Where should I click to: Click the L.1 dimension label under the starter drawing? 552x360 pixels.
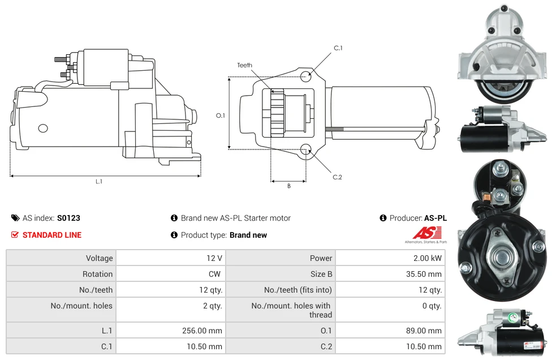click(98, 182)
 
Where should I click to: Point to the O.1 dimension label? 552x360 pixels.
click(221, 115)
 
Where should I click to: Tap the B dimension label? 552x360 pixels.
click(288, 186)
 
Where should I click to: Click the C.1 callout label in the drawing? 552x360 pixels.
click(338, 48)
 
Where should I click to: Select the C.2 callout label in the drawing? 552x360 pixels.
click(337, 177)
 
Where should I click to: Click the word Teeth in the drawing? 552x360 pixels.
click(245, 65)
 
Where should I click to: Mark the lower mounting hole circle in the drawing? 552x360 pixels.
click(305, 149)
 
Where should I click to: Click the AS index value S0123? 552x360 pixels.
click(68, 218)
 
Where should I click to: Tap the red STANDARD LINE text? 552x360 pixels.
click(52, 235)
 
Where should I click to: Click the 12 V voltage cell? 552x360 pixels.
click(214, 258)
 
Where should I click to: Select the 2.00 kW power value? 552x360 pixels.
click(428, 258)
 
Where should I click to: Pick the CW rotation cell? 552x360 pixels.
click(215, 274)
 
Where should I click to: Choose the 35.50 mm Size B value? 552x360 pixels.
click(424, 274)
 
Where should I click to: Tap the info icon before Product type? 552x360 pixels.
click(174, 235)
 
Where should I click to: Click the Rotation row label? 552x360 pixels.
click(97, 274)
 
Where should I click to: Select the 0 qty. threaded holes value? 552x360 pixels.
click(432, 306)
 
